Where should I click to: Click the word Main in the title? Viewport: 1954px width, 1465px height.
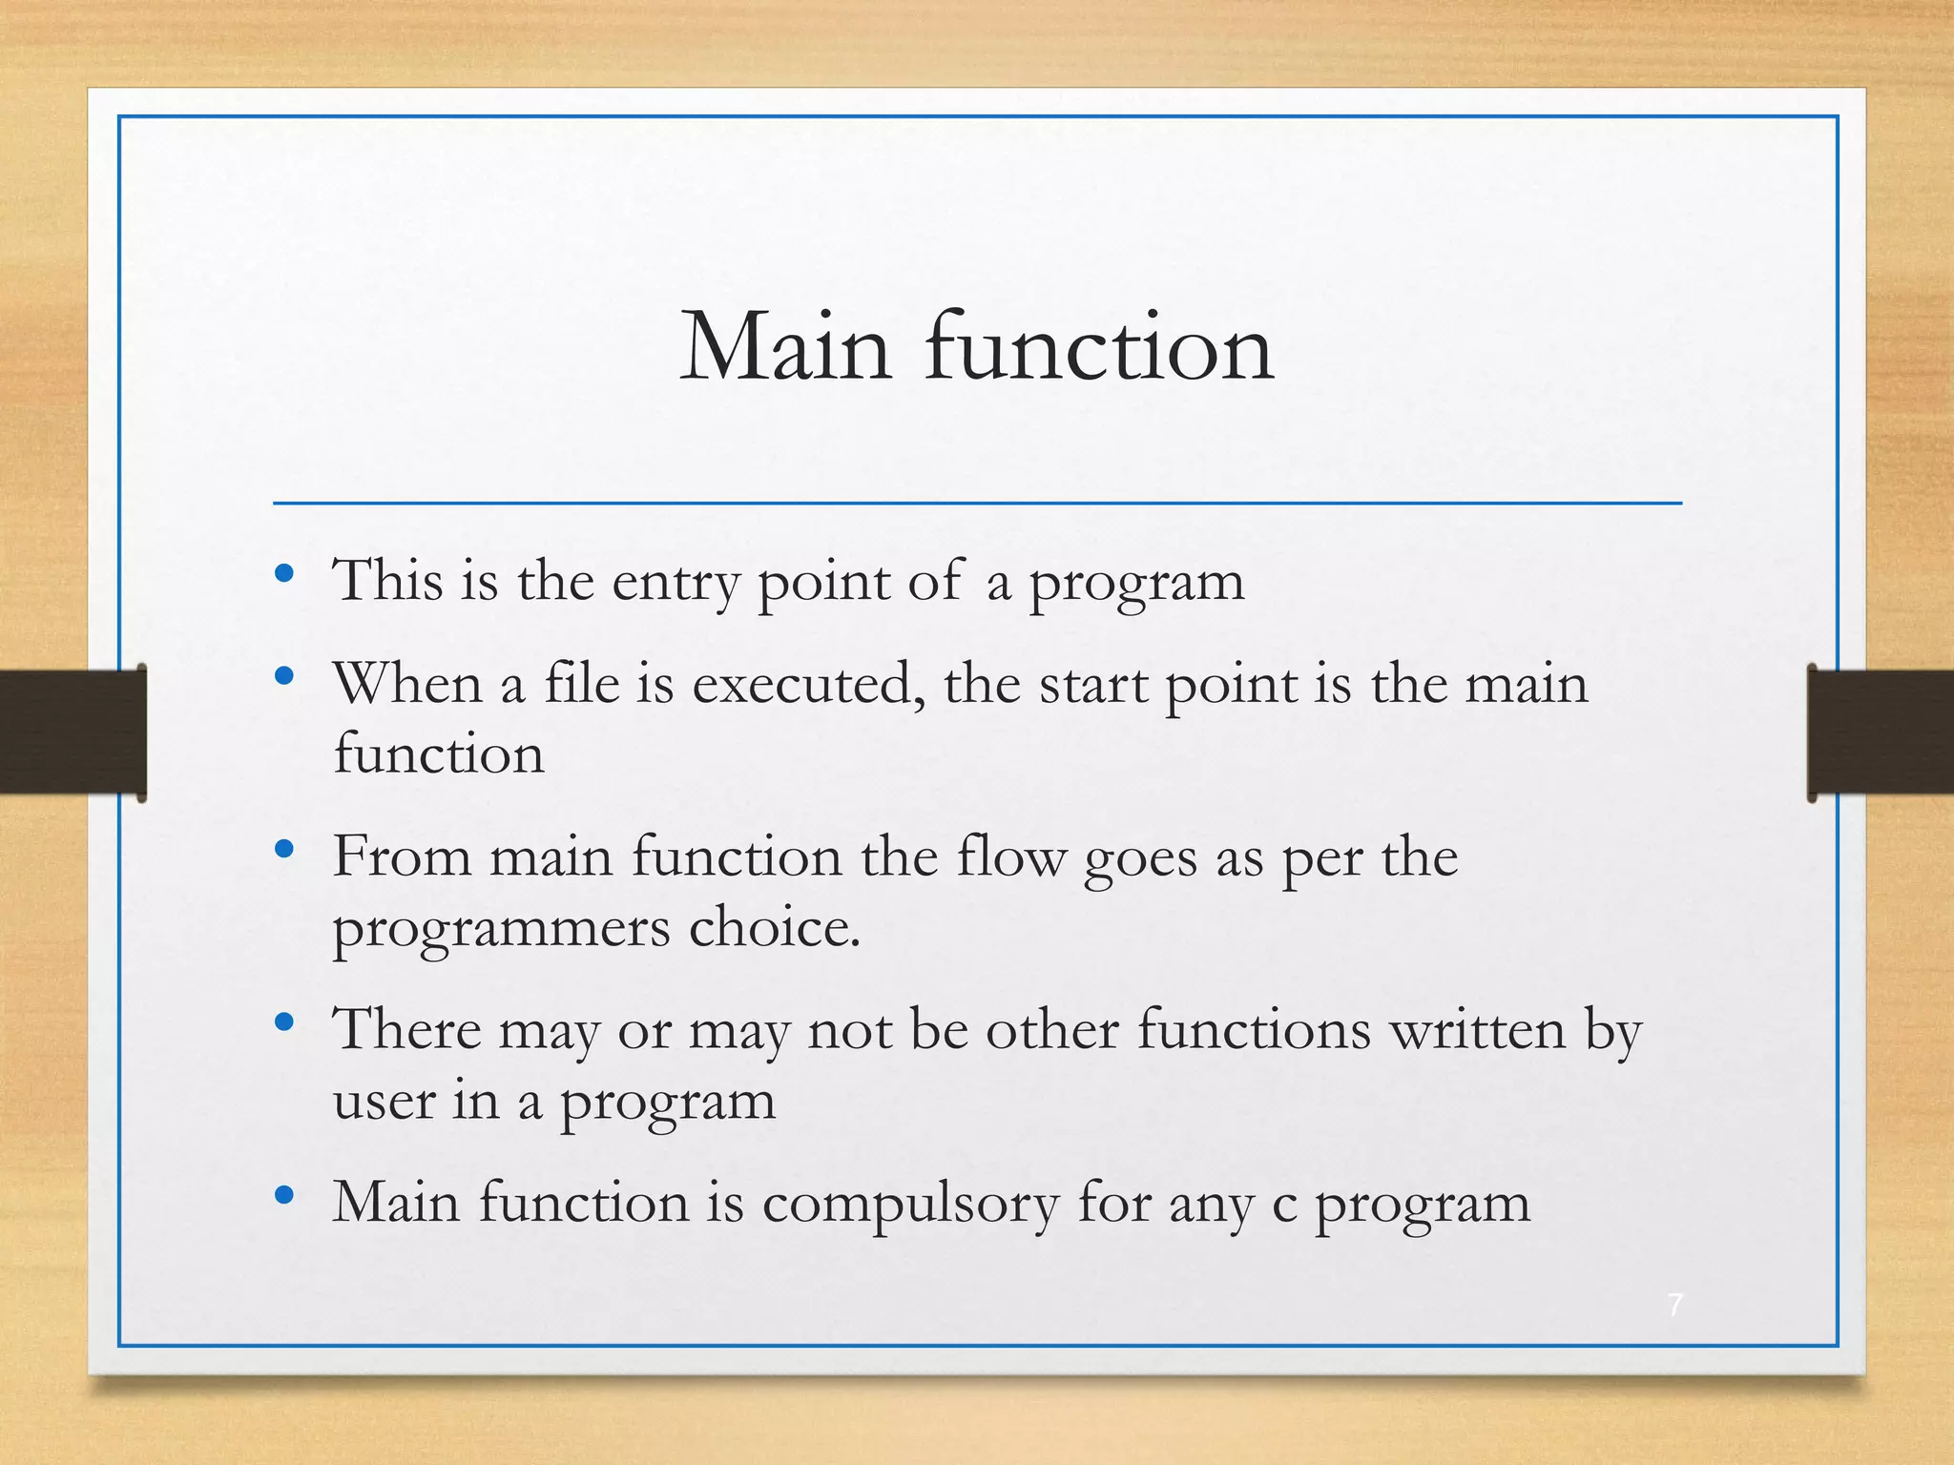(x=785, y=348)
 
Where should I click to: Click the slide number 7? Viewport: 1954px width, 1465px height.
(x=1674, y=1305)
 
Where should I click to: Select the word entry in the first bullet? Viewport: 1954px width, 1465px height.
(x=675, y=582)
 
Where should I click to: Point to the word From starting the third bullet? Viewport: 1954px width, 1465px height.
(x=402, y=856)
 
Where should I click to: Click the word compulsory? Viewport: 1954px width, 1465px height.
(x=910, y=1204)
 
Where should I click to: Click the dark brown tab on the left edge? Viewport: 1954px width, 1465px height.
(x=72, y=732)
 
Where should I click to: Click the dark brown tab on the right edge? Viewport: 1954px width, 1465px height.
(x=1880, y=732)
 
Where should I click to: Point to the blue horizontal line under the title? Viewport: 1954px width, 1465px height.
(x=977, y=503)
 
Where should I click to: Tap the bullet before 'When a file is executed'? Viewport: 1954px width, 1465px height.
(x=283, y=677)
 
